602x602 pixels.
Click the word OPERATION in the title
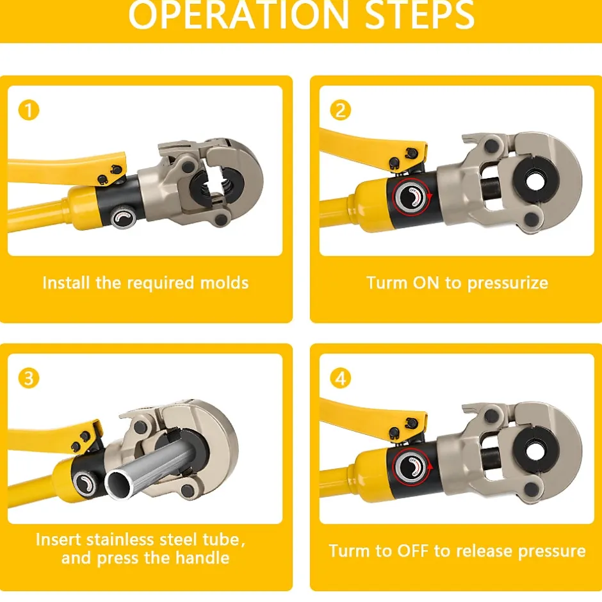238,15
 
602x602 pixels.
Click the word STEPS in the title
419,15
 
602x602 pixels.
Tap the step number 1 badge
29,110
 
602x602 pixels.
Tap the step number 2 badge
341,110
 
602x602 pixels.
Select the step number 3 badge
29,378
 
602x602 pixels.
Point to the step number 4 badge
341,378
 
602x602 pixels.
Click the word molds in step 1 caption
225,283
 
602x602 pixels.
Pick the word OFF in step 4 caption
412,551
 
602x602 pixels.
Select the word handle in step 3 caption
202,557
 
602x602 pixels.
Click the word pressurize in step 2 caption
508,284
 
